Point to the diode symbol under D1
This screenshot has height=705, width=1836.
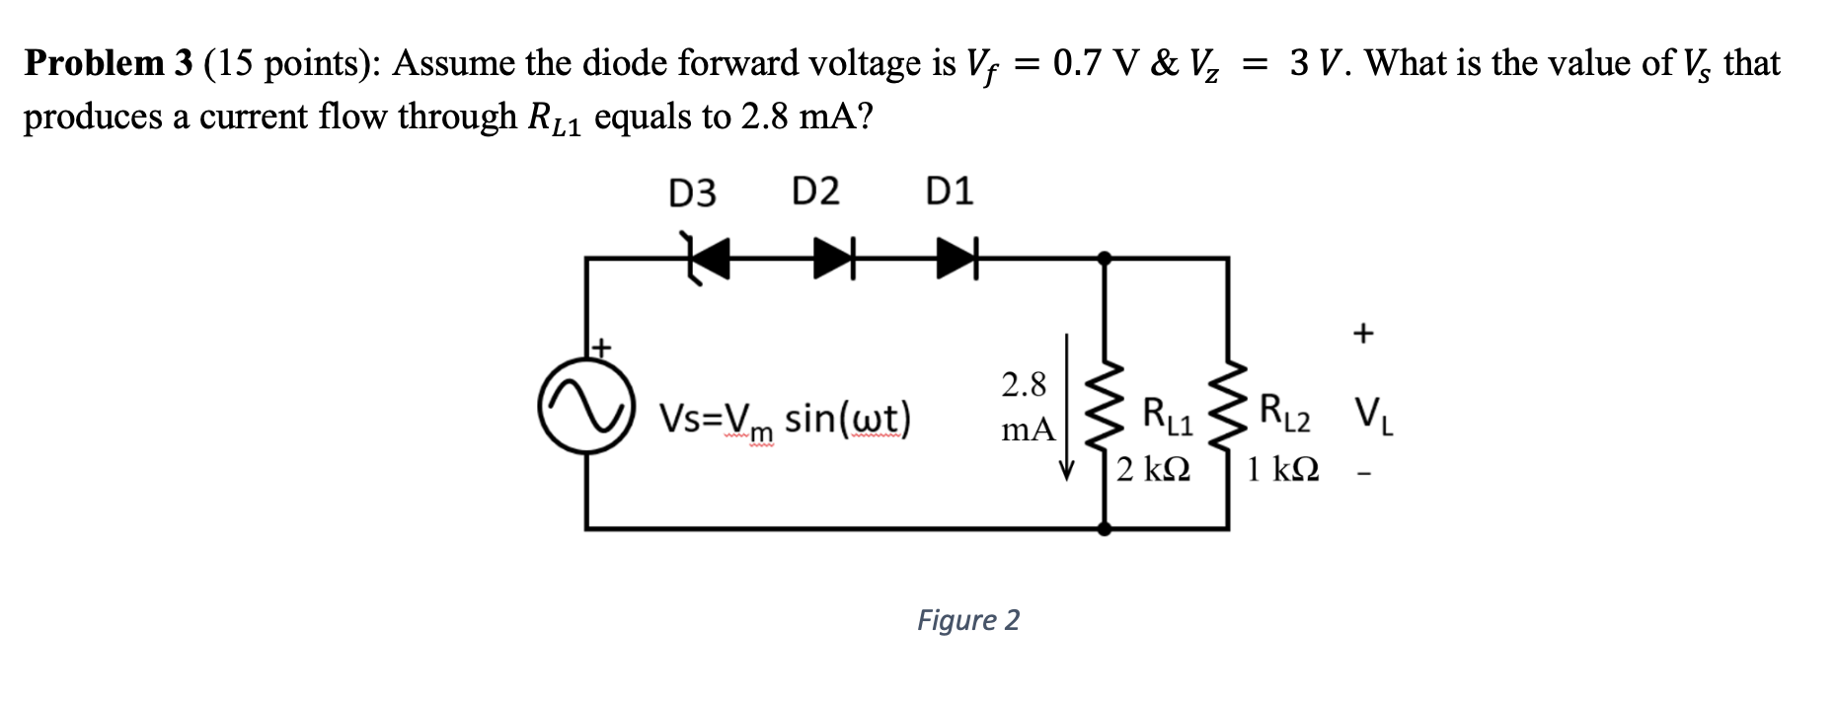(x=956, y=259)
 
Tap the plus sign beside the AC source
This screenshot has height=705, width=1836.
(x=601, y=348)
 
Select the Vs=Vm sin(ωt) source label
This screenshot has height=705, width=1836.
(x=785, y=421)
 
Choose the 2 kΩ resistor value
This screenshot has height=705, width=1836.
(x=1153, y=468)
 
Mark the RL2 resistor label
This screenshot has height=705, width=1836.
(x=1285, y=415)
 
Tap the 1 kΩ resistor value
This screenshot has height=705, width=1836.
(x=1282, y=468)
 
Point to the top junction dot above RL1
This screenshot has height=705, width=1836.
(x=1105, y=259)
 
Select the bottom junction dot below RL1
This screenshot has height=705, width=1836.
(x=1105, y=529)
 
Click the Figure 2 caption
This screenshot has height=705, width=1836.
(x=967, y=620)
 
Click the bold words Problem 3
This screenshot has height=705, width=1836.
(x=109, y=63)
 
